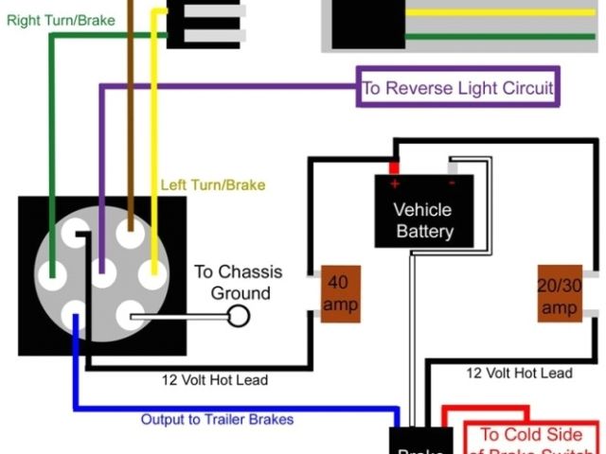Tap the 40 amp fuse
click(340, 293)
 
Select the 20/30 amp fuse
click(559, 295)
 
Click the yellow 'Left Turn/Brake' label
click(213, 184)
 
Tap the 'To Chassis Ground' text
click(238, 282)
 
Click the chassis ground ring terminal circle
click(240, 316)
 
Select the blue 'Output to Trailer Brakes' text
click(217, 419)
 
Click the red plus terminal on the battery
click(394, 183)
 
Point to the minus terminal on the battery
click(452, 183)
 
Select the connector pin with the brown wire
click(128, 232)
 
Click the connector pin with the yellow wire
click(151, 276)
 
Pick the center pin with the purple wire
click(102, 275)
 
